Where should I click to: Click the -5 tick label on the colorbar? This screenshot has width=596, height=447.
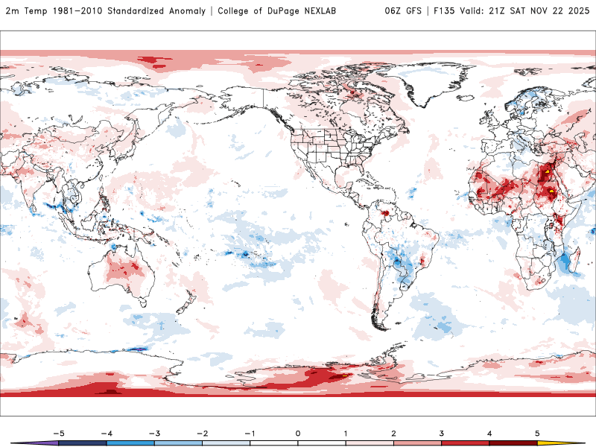pyautogui.click(x=59, y=432)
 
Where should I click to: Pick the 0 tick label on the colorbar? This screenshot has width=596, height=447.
pyautogui.click(x=298, y=432)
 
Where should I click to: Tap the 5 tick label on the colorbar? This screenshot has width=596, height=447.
pyautogui.click(x=537, y=432)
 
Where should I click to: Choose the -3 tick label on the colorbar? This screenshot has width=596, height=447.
pyautogui.click(x=154, y=432)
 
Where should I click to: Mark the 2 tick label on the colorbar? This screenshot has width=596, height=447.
pyautogui.click(x=393, y=432)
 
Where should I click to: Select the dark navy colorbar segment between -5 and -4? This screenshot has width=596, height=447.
pyautogui.click(x=83, y=443)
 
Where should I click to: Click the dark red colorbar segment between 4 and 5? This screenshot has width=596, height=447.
pyautogui.click(x=513, y=443)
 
